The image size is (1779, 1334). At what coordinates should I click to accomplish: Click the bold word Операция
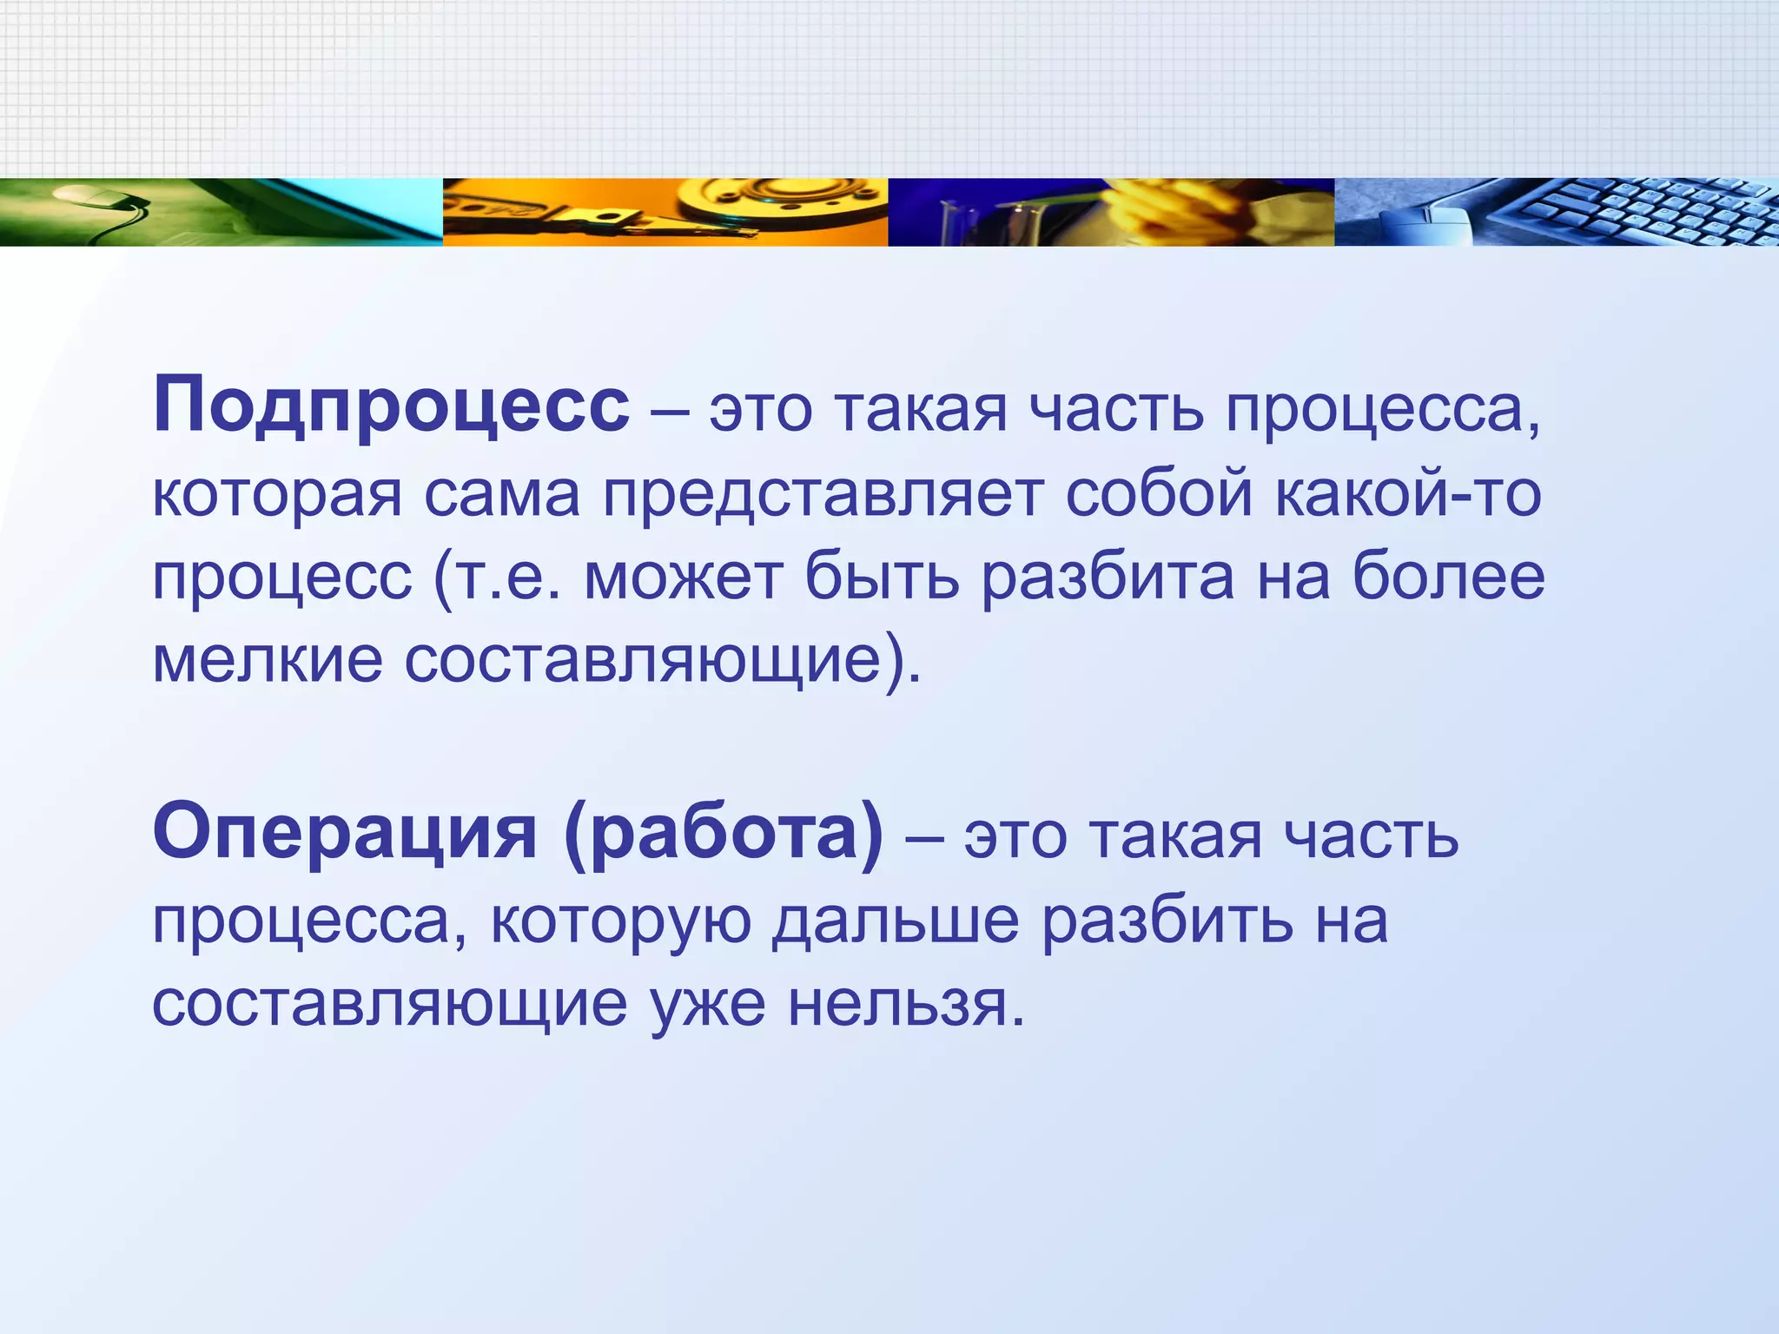[345, 832]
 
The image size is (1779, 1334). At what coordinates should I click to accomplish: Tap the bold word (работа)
[723, 832]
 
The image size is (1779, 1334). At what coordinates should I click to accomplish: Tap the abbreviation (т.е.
[496, 578]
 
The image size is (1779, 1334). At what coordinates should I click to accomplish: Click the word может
[683, 578]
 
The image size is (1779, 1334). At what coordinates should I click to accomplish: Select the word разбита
[1108, 578]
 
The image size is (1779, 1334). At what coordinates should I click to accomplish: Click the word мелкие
[268, 660]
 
